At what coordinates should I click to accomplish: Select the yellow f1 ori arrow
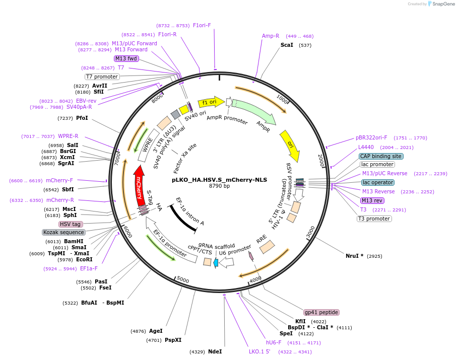coord(210,102)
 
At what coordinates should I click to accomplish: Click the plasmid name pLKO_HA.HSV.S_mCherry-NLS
coord(219,179)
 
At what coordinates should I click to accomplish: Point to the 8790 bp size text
coord(219,186)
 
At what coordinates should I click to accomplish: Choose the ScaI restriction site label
coord(287,45)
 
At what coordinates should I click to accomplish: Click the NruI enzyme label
coord(354,256)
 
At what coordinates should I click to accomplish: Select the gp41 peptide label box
coord(321,312)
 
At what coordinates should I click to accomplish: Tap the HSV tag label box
coord(71,224)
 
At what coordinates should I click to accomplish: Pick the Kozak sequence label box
coord(63,232)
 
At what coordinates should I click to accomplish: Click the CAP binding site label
coord(381,156)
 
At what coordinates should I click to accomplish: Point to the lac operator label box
coord(377,182)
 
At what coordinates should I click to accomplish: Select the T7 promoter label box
coord(102,77)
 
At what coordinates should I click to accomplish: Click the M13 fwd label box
coord(126,58)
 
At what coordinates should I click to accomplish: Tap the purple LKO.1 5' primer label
coord(259,351)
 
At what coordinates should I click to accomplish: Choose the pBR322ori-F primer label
coord(371,137)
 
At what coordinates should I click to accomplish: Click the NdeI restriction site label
coord(215,351)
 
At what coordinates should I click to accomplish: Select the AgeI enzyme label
coord(156,331)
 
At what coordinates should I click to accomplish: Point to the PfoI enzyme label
coord(82,118)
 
